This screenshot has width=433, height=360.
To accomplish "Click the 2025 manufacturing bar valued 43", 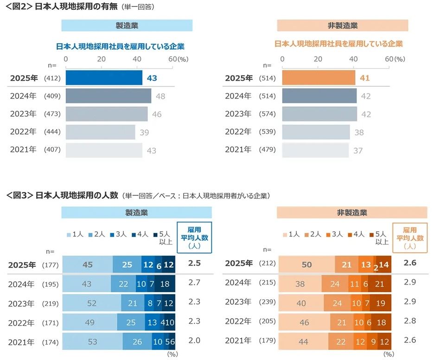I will [x=104, y=78].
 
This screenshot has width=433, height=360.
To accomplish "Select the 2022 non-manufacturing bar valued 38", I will [x=316, y=132].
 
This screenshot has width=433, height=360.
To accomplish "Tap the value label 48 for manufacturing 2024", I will [x=160, y=96].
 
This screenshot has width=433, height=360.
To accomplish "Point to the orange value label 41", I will [x=364, y=78].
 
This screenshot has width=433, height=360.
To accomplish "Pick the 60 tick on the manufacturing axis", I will [x=172, y=59].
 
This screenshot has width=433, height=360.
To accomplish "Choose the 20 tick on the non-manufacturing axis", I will [x=318, y=59].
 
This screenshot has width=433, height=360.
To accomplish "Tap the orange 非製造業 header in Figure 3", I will [x=351, y=212].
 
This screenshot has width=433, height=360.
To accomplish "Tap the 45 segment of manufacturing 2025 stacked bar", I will [x=87, y=265].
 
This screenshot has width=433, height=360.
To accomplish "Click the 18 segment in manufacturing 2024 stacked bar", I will [x=165, y=283].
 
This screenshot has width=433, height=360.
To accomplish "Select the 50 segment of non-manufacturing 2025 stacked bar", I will [x=306, y=265].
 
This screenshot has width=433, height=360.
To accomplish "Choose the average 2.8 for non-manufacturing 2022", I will [x=409, y=321].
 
